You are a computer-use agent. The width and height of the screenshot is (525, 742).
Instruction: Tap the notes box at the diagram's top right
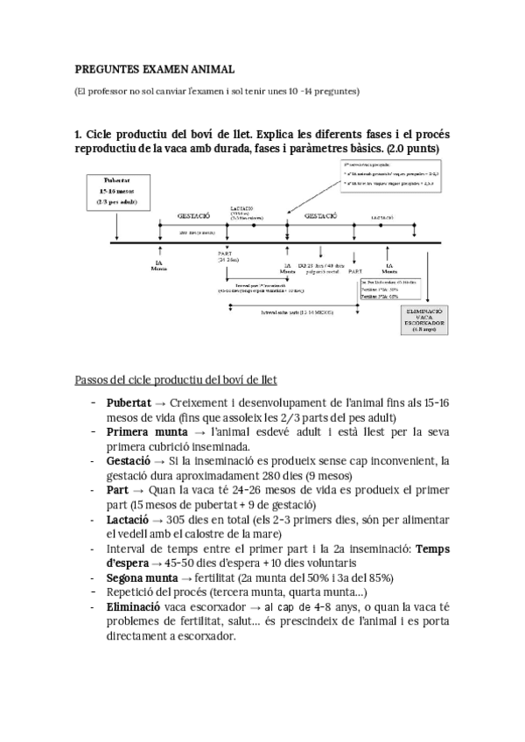point(386,175)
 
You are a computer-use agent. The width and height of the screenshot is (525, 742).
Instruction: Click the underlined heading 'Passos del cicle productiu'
point(176,379)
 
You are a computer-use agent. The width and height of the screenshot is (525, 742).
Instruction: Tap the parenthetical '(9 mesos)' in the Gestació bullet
point(301,474)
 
